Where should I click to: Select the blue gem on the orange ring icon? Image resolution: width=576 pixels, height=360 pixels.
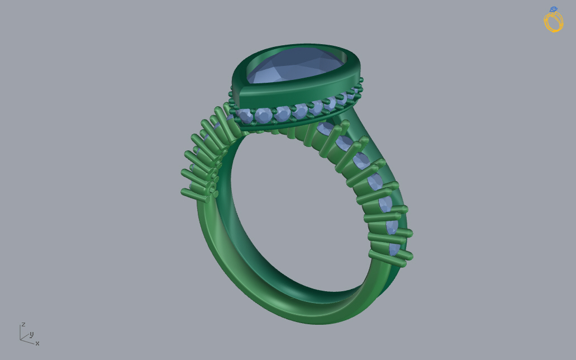pyautogui.click(x=553, y=9)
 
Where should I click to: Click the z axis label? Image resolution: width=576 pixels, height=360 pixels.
pyautogui.click(x=23, y=324)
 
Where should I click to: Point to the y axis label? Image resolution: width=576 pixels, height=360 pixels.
pyautogui.click(x=32, y=334)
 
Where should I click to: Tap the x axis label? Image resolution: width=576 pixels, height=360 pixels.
pyautogui.click(x=37, y=343)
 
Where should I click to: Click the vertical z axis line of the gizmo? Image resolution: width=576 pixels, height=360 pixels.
pyautogui.click(x=20, y=332)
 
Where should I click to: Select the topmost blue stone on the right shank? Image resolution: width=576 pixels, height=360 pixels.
pyautogui.click(x=326, y=129)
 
